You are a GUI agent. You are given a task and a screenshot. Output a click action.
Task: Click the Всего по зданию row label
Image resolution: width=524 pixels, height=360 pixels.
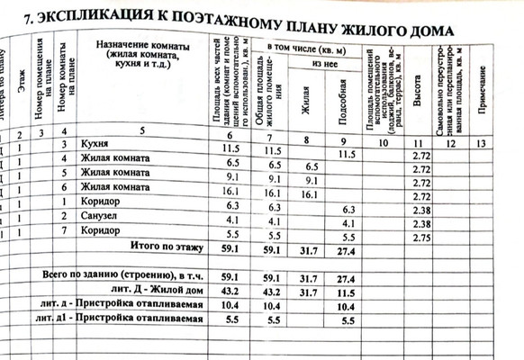pos(125,274)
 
